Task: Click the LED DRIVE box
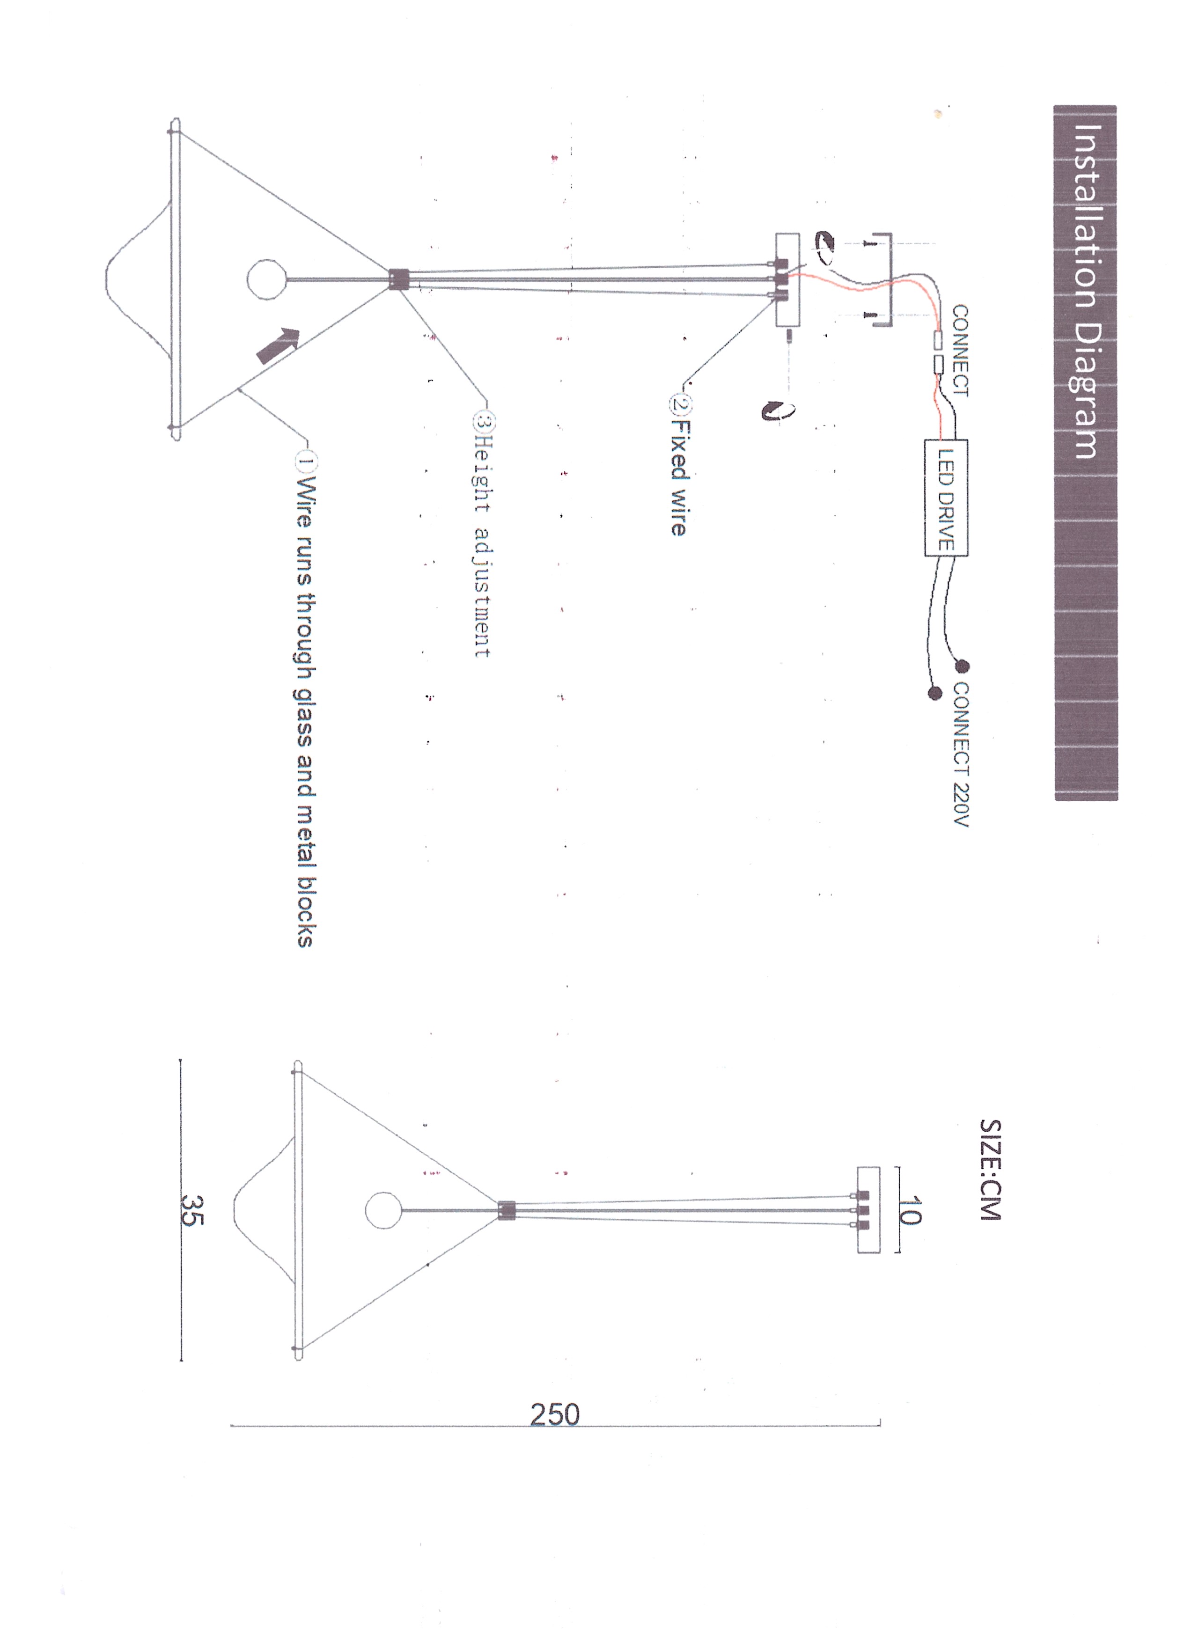click(x=946, y=498)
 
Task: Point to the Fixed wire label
click(x=679, y=477)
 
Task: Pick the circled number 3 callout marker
click(x=484, y=421)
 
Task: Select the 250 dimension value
click(x=555, y=1414)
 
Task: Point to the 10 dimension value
click(x=910, y=1210)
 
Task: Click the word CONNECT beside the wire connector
click(x=960, y=350)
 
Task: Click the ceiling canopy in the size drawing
click(x=868, y=1210)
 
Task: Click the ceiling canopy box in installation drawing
click(x=787, y=280)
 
